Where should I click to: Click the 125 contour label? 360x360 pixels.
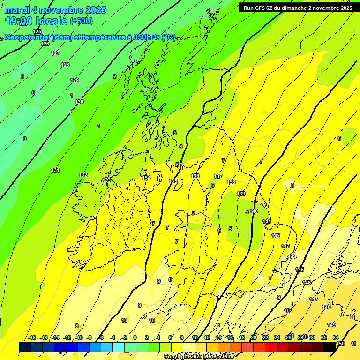click(37, 32)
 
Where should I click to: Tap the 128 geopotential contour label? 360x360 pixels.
click(65, 65)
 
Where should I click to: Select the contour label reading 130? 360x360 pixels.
click(79, 102)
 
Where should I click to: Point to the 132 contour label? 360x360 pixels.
click(83, 175)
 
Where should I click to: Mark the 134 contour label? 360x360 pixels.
click(146, 178)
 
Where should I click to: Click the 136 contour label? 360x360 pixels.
click(195, 176)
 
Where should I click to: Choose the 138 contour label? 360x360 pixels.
click(231, 182)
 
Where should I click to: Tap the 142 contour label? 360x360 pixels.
click(276, 236)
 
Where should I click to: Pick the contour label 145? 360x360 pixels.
click(300, 270)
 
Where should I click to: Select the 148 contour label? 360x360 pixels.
click(326, 307)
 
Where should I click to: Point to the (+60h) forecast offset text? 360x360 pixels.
click(81, 21)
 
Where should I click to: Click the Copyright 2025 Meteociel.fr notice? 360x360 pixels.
click(199, 357)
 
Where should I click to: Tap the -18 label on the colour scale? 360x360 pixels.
click(32, 337)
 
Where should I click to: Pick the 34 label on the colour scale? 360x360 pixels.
click(336, 337)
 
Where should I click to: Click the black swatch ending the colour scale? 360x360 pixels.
click(330, 346)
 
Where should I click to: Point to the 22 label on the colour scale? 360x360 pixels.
click(265, 337)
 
